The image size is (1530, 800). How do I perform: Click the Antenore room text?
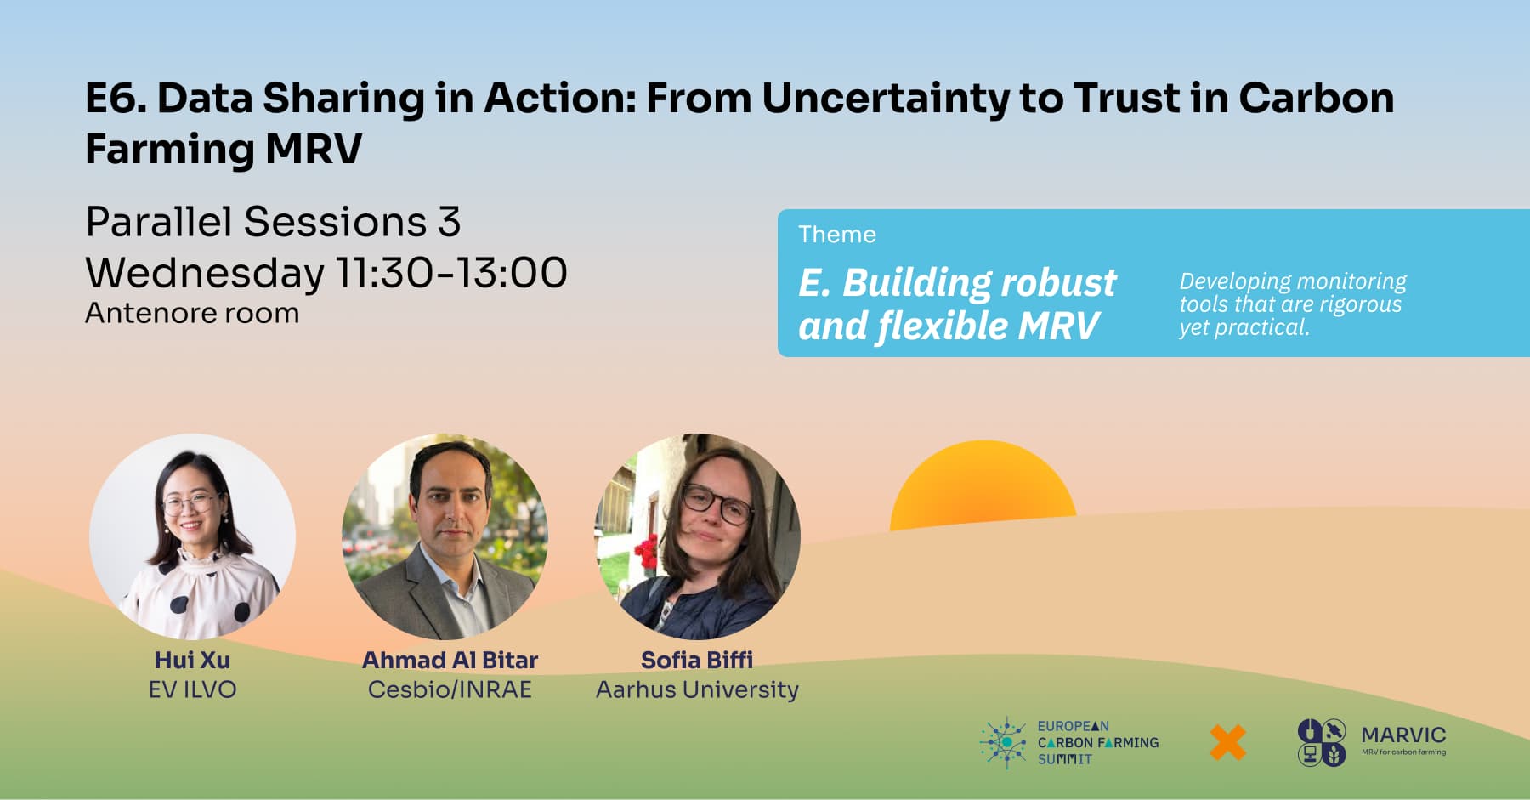pyautogui.click(x=192, y=314)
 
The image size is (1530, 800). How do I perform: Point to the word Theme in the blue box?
pyautogui.click(x=837, y=235)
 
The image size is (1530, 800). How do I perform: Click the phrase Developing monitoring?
pyautogui.click(x=1293, y=281)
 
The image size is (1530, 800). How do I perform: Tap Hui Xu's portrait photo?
pyautogui.click(x=193, y=536)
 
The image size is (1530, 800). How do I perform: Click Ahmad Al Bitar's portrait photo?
pyautogui.click(x=445, y=536)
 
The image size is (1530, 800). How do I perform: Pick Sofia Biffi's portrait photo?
pyautogui.click(x=697, y=536)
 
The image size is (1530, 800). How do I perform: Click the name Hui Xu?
pyautogui.click(x=192, y=661)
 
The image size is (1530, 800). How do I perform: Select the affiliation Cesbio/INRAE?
pyautogui.click(x=450, y=689)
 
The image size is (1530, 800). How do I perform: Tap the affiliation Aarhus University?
pyautogui.click(x=697, y=689)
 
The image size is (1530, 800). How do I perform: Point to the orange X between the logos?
pyautogui.click(x=1228, y=742)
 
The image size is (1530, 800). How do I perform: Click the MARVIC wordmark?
pyautogui.click(x=1403, y=735)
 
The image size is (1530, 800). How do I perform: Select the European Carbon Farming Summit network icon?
pyautogui.click(x=1005, y=742)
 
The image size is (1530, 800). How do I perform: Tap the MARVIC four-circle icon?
pyautogui.click(x=1322, y=742)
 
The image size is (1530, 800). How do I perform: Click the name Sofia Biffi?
pyautogui.click(x=697, y=661)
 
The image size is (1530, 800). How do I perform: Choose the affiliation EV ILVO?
pyautogui.click(x=192, y=689)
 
